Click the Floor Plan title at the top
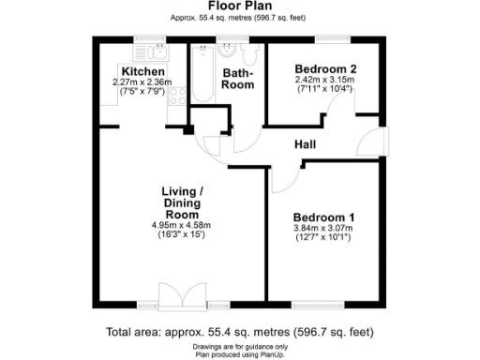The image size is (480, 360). [x=240, y=6]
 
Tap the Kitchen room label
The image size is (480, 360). [x=143, y=72]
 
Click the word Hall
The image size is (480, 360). [x=305, y=145]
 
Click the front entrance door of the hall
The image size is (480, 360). [x=375, y=142]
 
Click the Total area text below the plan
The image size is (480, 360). [x=240, y=331]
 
